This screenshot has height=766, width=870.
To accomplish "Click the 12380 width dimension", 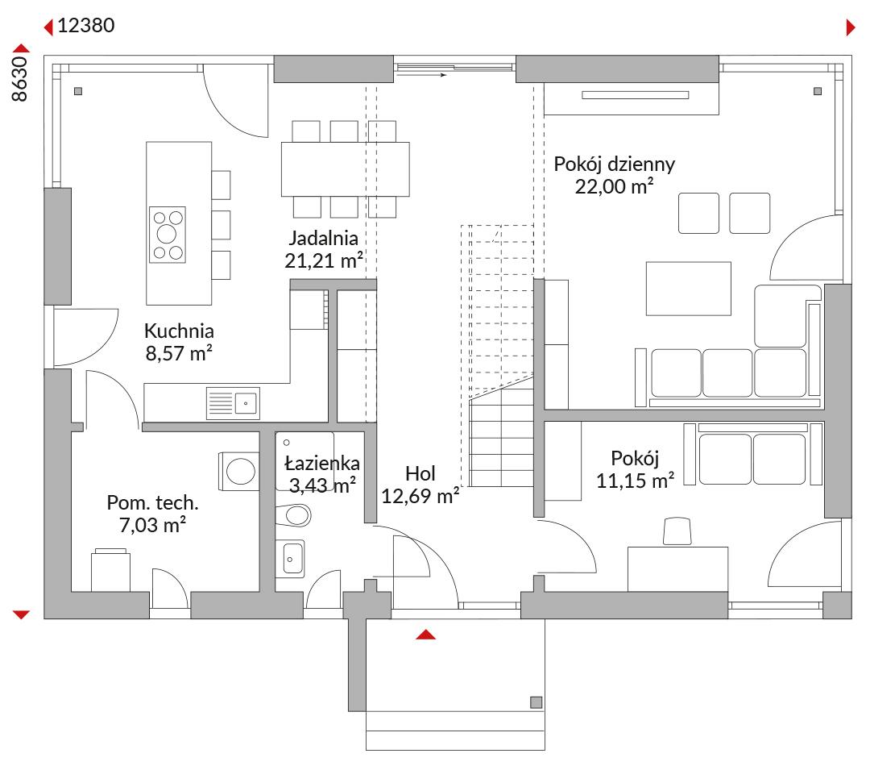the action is pyautogui.click(x=86, y=26).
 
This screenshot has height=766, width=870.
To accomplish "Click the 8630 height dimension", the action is pyautogui.click(x=19, y=79).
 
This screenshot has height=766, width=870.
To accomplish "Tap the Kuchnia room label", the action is pyautogui.click(x=179, y=331).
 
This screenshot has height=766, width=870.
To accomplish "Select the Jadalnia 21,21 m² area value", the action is pyautogui.click(x=324, y=260).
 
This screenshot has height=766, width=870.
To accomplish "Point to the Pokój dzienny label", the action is pyautogui.click(x=614, y=164).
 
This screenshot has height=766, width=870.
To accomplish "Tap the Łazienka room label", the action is pyautogui.click(x=321, y=463).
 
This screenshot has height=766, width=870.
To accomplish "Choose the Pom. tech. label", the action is pyautogui.click(x=152, y=502).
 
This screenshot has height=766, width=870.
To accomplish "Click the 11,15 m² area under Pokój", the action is pyautogui.click(x=636, y=481).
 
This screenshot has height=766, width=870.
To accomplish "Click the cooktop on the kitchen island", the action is pyautogui.click(x=167, y=235).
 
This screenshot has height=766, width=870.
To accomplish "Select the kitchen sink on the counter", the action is pyautogui.click(x=233, y=402).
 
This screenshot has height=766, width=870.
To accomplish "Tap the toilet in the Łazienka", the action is pyautogui.click(x=293, y=515).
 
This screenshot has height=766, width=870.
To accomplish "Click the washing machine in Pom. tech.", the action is pyautogui.click(x=239, y=471).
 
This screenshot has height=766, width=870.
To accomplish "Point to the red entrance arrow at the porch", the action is pyautogui.click(x=425, y=635).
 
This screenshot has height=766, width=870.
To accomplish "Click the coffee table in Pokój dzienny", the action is pyautogui.click(x=688, y=289).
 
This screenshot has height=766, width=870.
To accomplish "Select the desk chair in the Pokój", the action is pyautogui.click(x=677, y=531).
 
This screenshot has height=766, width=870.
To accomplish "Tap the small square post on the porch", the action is pyautogui.click(x=536, y=702).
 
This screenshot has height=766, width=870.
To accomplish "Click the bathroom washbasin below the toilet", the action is pyautogui.click(x=290, y=558).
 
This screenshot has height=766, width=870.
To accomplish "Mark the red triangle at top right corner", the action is pyautogui.click(x=851, y=27).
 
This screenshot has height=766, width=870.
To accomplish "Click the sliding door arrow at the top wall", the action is pyautogui.click(x=422, y=74).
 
